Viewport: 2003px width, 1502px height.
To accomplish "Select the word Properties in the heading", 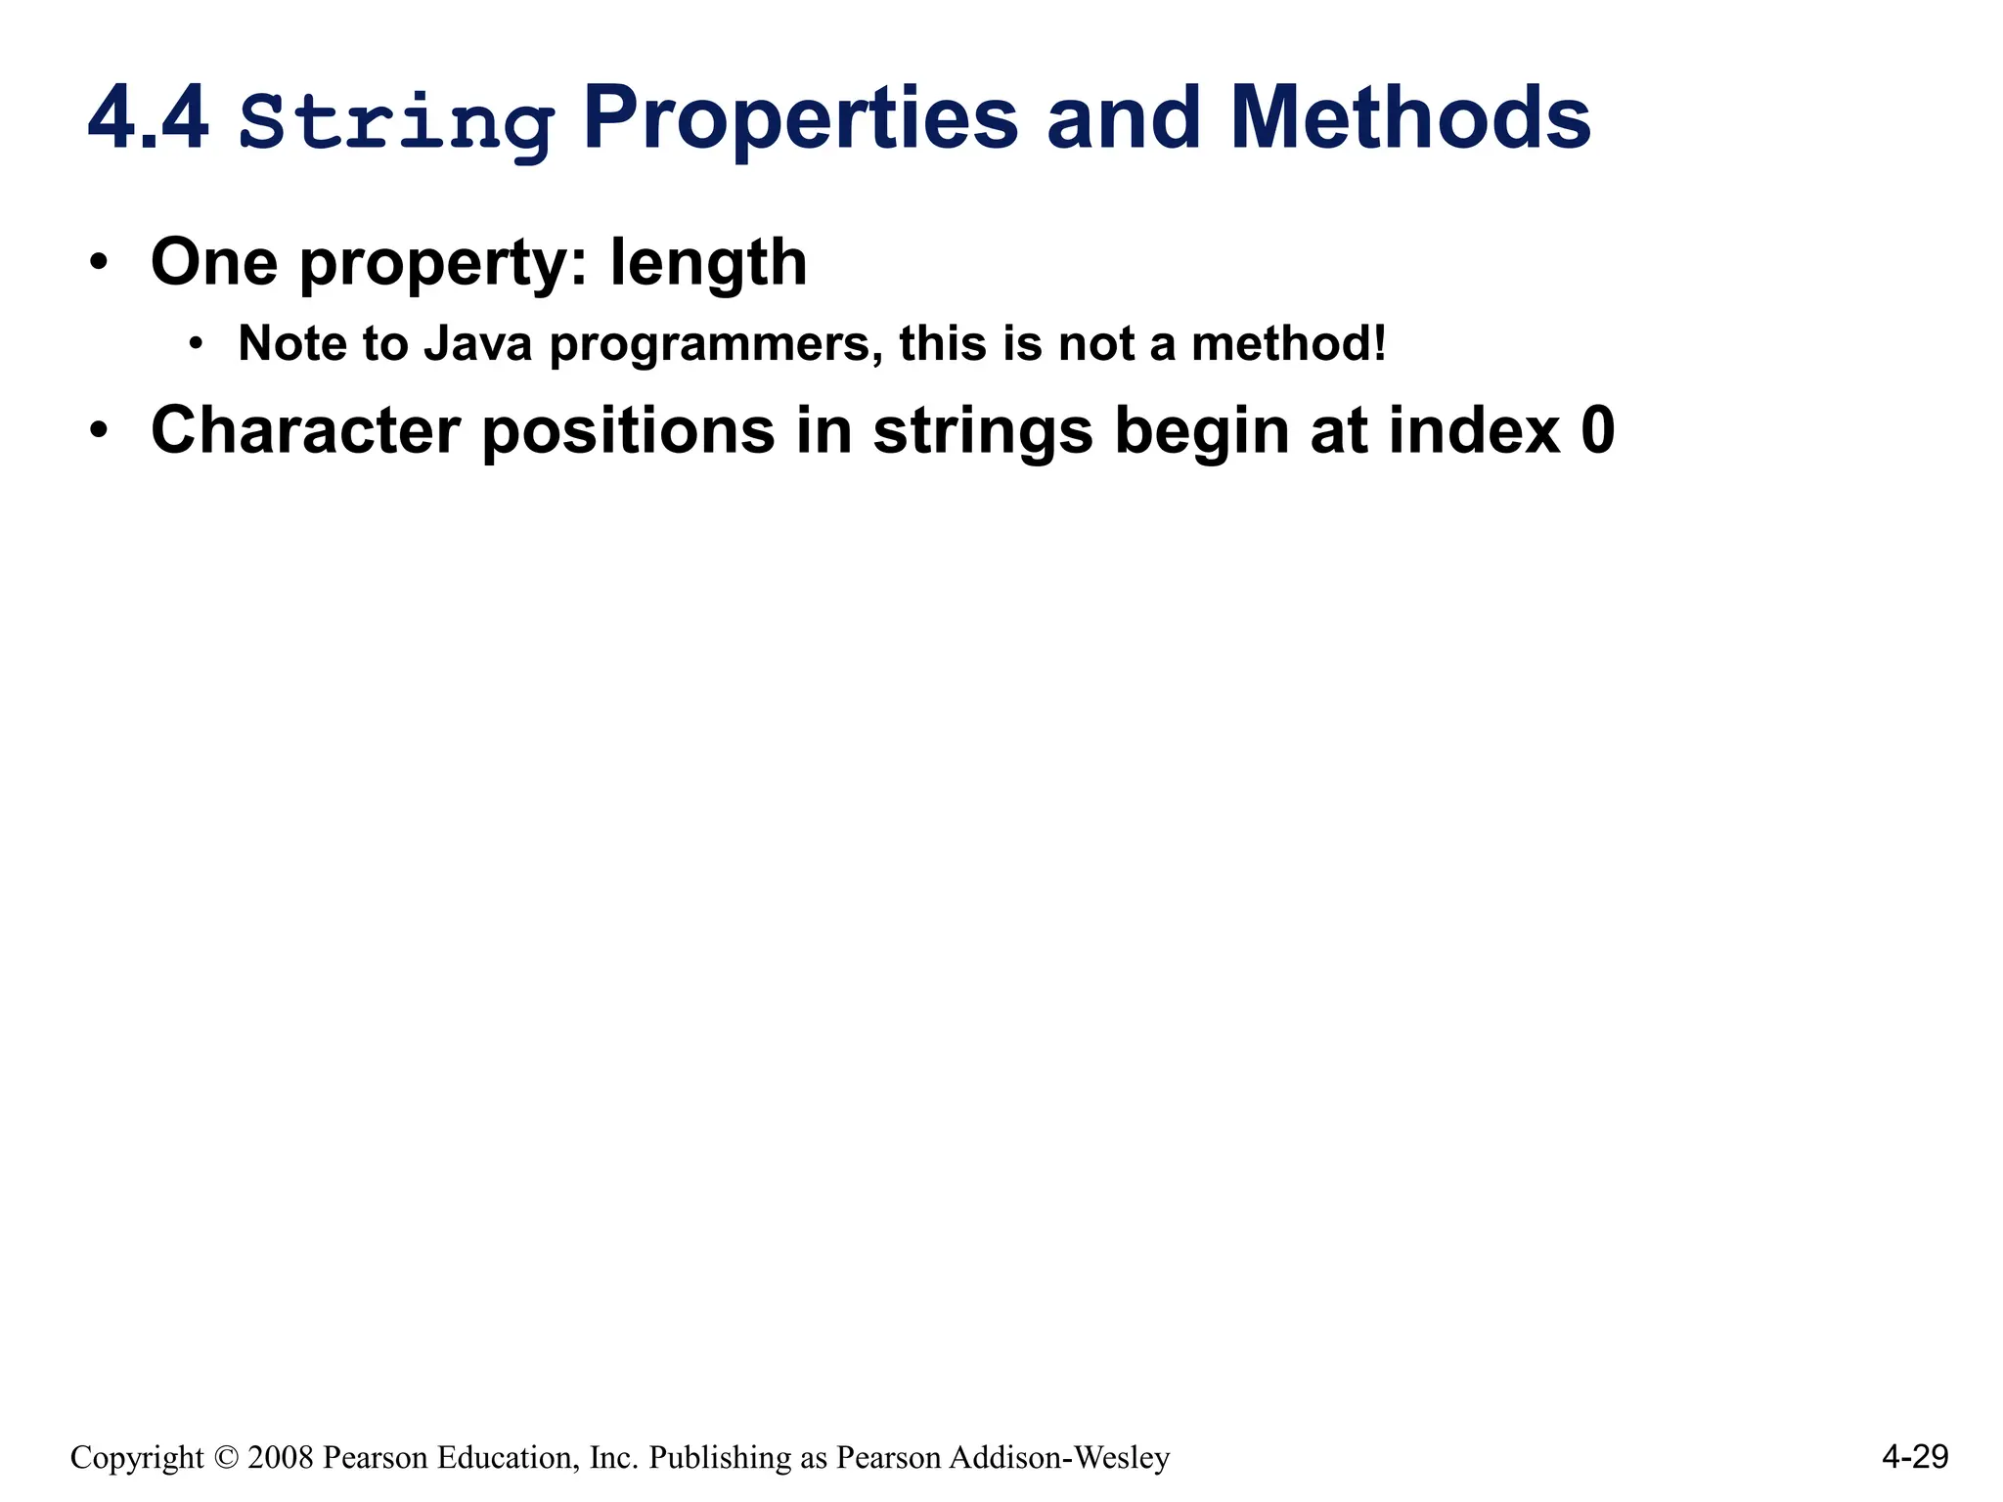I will click(x=800, y=119).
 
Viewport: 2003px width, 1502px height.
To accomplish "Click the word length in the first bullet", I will click(x=708, y=264).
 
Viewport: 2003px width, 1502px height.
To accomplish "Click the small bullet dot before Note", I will click(x=197, y=343).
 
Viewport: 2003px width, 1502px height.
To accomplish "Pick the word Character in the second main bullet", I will click(x=305, y=430).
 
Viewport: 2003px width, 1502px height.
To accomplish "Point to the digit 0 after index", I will click(x=1597, y=430).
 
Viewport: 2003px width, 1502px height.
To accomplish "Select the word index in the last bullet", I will click(x=1474, y=430).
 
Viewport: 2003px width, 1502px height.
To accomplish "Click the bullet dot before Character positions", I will click(x=98, y=430).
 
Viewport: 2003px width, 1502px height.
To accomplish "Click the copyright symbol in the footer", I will click(x=225, y=1457).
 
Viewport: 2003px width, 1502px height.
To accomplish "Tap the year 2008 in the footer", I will click(x=281, y=1457).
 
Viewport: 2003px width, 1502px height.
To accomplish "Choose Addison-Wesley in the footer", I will click(x=1059, y=1457).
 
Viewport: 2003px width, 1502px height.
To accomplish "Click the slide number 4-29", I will click(x=1914, y=1457).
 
